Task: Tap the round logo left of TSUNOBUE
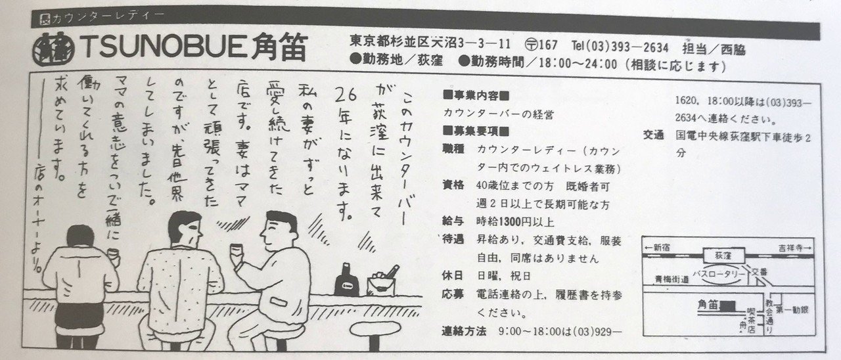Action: click(53, 46)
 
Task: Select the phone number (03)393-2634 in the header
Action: click(631, 47)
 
